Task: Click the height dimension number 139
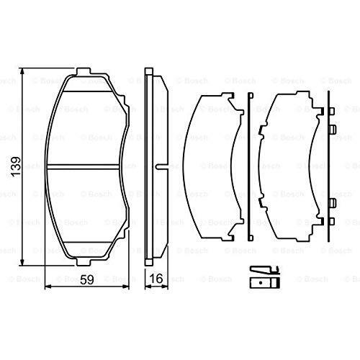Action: pyautogui.click(x=16, y=167)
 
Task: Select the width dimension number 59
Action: pyautogui.click(x=87, y=279)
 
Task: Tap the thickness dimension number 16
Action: pyautogui.click(x=156, y=279)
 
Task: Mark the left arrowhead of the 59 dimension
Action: pyautogui.click(x=48, y=287)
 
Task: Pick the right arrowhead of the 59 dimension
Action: pyautogui.click(x=126, y=287)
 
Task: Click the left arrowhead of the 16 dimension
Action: pyautogui.click(x=148, y=287)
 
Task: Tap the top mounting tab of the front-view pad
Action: pyautogui.click(x=84, y=71)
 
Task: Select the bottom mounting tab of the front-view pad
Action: pyautogui.click(x=84, y=262)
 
